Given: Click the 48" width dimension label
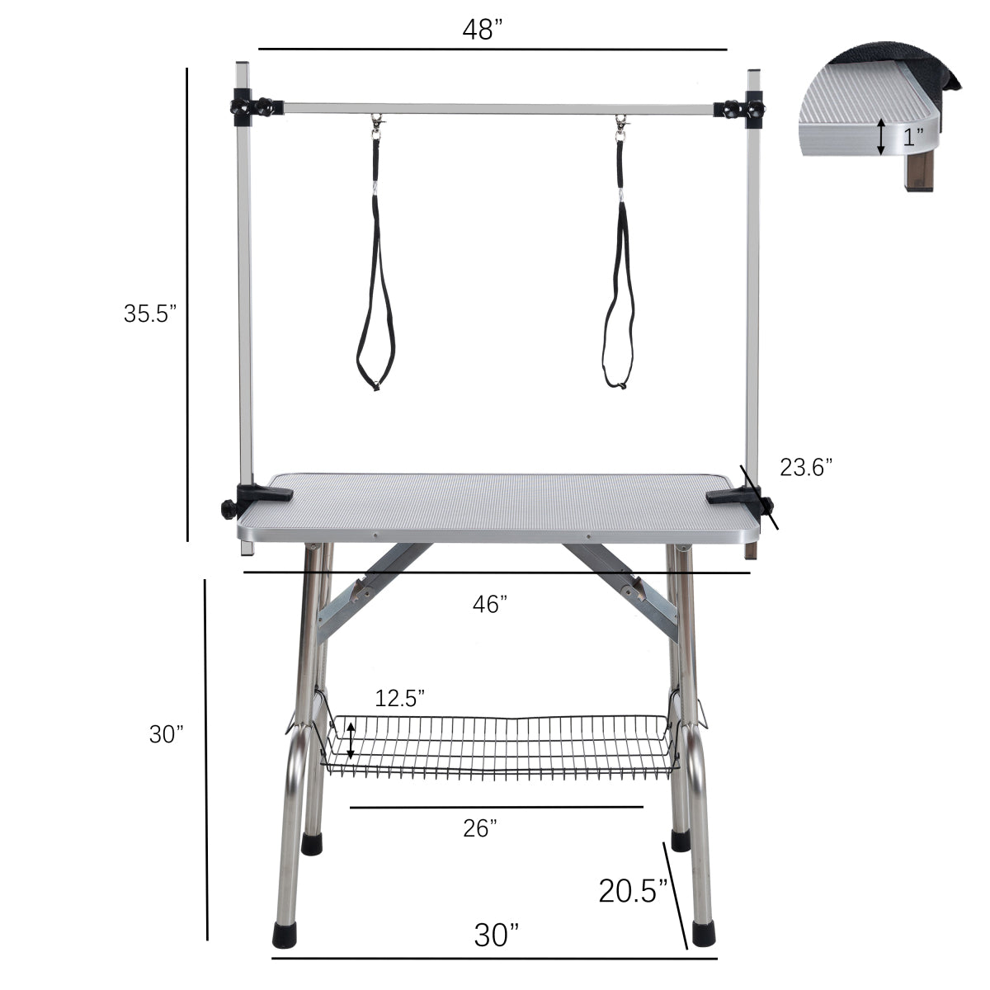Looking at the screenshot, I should (x=483, y=31).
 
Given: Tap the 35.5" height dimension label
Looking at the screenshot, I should (x=150, y=313).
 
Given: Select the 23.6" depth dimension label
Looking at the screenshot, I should (x=806, y=467).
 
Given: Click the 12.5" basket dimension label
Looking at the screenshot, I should (x=399, y=698).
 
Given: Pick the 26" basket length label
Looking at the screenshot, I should (x=480, y=828).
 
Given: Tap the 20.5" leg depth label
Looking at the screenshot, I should (x=632, y=891).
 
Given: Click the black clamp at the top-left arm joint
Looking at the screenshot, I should (x=247, y=108).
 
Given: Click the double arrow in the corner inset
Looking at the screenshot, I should (x=882, y=137).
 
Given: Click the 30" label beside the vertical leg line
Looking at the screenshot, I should (x=166, y=733).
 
